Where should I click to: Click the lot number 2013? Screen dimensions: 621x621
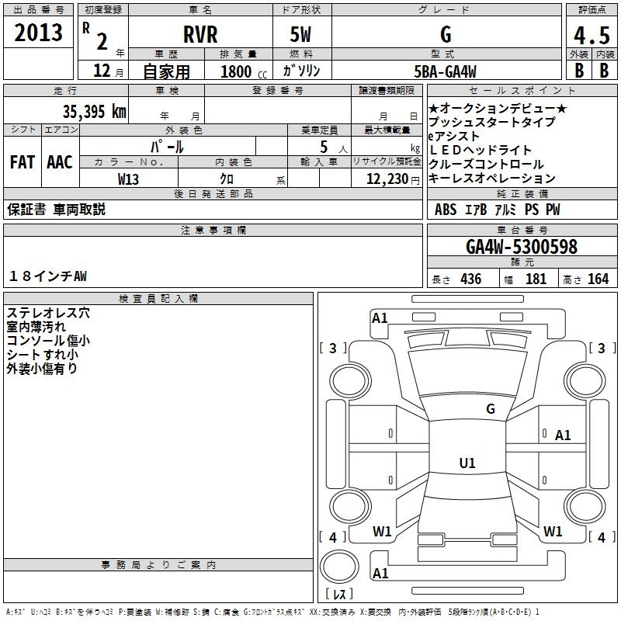pos(38,33)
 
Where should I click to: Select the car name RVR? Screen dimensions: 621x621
pos(199,34)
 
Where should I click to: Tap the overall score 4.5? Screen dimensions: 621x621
pos(590,36)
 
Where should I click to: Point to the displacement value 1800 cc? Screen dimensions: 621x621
pos(241,71)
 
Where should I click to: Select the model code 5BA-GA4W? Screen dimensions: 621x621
pos(445,71)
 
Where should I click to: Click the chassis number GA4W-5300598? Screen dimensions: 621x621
pos(522,247)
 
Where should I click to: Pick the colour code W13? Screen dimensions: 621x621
pos(129,178)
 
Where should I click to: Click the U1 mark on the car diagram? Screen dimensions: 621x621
pos(467,463)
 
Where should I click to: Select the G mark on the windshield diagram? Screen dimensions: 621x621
pos(490,408)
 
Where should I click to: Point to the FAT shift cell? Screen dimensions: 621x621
pos(22,162)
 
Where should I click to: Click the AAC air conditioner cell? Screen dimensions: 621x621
pos(60,162)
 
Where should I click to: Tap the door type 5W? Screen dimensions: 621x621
pos(301,34)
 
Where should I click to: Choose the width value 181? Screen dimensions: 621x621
pos(536,279)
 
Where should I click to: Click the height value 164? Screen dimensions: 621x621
pos(598,279)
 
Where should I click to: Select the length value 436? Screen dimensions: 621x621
pos(470,279)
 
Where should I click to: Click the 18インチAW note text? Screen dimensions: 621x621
pos(48,276)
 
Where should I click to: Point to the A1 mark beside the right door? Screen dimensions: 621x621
pos(563,435)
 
